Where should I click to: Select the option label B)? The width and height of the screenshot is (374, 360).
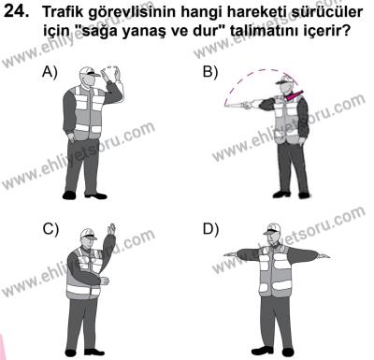pyautogui.click(x=210, y=72)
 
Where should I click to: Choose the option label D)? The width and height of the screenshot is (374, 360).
pyautogui.click(x=210, y=229)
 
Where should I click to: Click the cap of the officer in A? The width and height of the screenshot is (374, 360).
pyautogui.click(x=87, y=71)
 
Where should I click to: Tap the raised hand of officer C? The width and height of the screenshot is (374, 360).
pyautogui.click(x=113, y=228)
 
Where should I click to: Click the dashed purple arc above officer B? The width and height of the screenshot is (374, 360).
pyautogui.click(x=262, y=70)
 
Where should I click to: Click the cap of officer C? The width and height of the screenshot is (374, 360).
pyautogui.click(x=85, y=235)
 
